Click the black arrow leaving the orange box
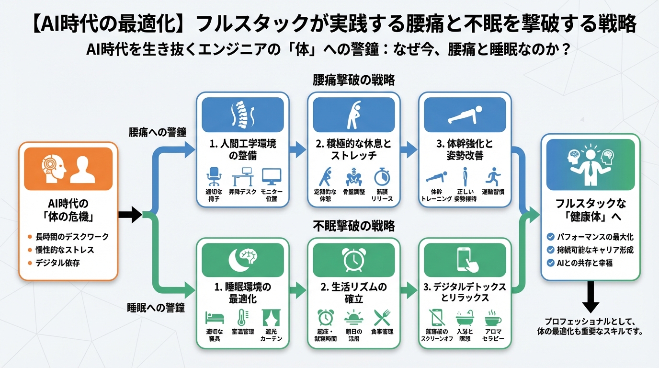click(130, 214)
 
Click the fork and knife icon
click(382, 318)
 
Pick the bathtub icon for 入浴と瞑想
click(464, 318)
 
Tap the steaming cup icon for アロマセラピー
click(493, 318)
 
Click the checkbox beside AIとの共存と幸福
click(551, 263)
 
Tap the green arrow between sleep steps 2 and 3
click(409, 289)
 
